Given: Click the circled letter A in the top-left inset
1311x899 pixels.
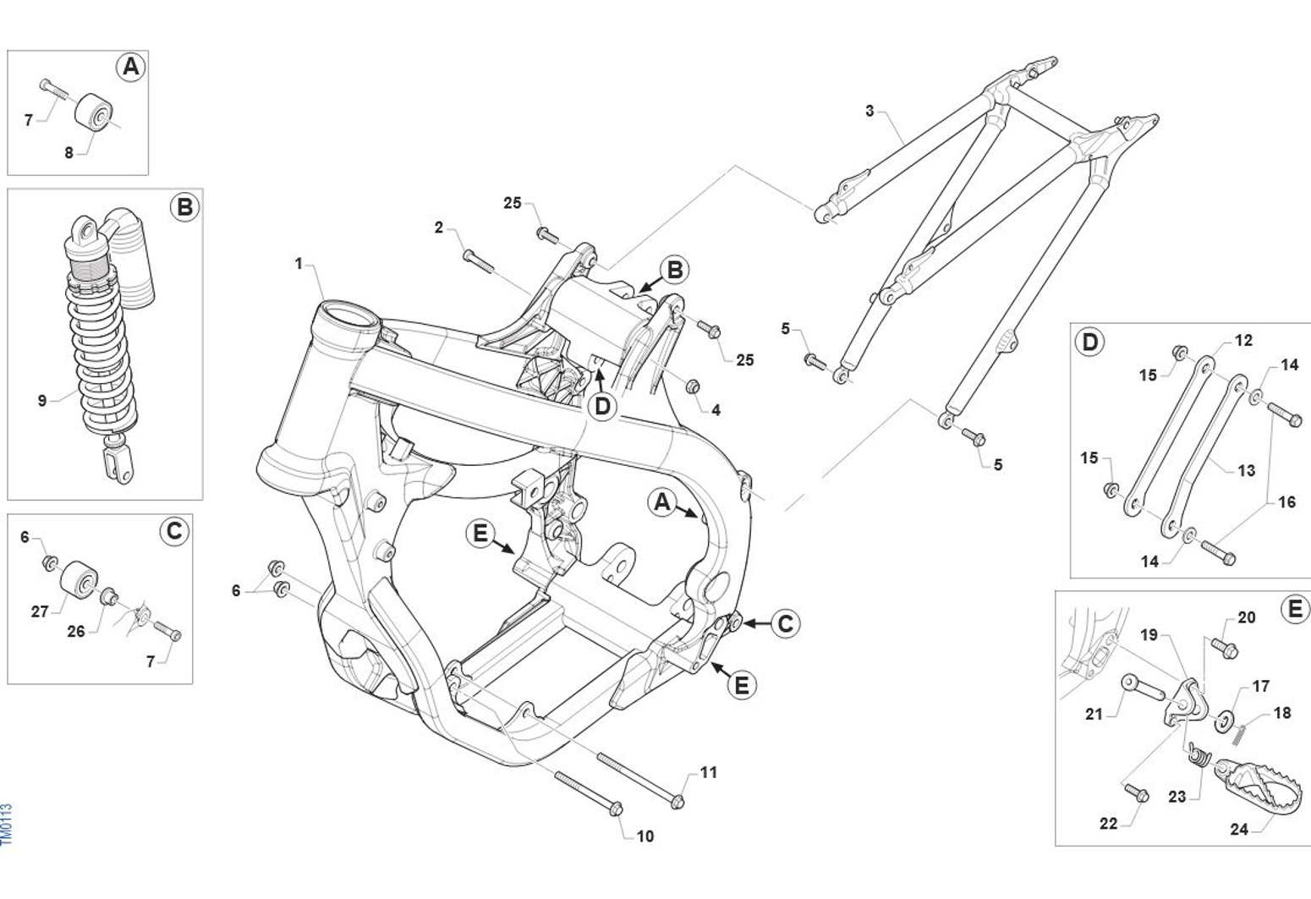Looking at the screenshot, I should tap(130, 67).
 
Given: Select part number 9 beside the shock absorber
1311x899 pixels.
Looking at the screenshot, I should tap(42, 400).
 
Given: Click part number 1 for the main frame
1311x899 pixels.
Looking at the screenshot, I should tap(299, 264).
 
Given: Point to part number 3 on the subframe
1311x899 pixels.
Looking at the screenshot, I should tap(869, 111).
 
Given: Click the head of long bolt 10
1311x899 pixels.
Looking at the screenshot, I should tap(616, 809).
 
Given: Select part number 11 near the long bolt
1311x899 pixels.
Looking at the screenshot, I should tap(709, 772).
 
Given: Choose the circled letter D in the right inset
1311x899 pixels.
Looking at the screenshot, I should tap(1089, 342).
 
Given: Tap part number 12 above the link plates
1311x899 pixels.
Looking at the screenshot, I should tap(1243, 341).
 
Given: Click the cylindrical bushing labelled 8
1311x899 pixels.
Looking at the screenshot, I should tap(95, 116).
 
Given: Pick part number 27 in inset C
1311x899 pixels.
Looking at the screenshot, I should tap(40, 611).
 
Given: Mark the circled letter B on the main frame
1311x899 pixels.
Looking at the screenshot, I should tap(674, 270).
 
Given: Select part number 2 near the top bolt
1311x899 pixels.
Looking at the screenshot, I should tap(438, 227).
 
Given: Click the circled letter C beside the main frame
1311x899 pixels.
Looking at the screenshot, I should tap(785, 623).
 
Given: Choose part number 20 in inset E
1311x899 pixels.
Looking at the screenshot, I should tap(1247, 617).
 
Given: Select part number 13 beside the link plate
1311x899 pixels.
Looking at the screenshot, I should tap(1247, 470).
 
